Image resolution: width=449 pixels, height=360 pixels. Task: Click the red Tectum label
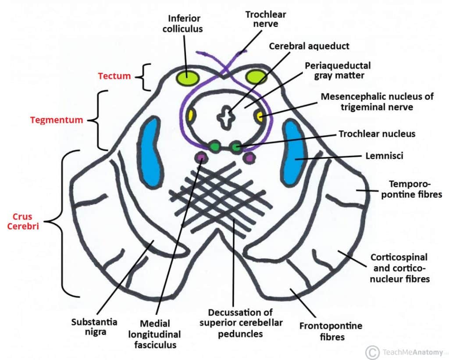pos(114,76)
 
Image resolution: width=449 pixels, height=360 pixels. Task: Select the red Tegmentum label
pos(57,120)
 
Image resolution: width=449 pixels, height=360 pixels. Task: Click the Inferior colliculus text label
pos(184,23)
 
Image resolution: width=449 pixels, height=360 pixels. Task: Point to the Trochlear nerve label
pos(265,19)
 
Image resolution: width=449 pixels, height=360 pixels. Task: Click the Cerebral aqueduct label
pos(309,46)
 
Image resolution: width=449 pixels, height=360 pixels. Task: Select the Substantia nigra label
pos(94,327)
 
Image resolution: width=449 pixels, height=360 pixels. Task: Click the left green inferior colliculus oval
pos(187,78)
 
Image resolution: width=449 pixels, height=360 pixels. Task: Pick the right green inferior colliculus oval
pos(257,77)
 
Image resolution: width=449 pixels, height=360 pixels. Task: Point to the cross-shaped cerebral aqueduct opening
pos(225,118)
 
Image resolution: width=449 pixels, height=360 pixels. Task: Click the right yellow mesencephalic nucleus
pos(259,116)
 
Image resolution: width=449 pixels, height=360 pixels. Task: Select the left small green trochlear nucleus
pos(214,146)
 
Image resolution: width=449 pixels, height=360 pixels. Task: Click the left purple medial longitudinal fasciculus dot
pos(201,157)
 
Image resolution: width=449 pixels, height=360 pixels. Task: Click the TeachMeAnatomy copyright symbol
pos(372,352)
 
